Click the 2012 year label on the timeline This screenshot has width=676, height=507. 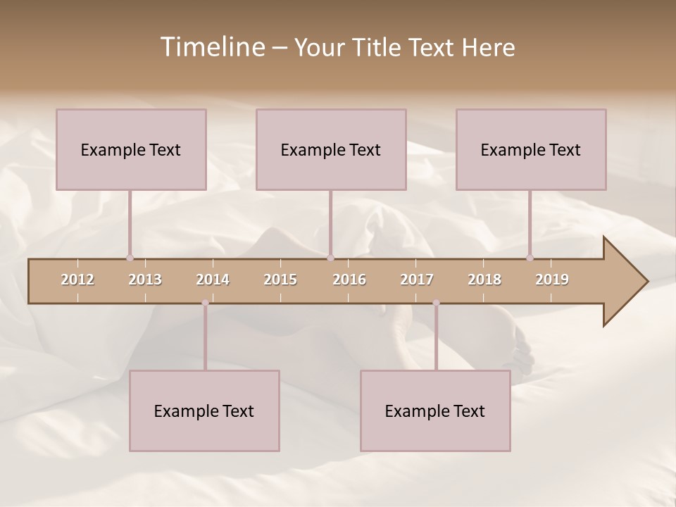coord(77,280)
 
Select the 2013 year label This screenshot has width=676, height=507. coord(145,280)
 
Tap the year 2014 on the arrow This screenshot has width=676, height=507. coord(213,280)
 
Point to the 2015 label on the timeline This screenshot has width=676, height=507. coord(280,280)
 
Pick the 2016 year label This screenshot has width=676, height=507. coord(349,280)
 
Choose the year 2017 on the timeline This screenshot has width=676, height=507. coord(417,280)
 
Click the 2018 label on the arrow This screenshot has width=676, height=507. coord(484,280)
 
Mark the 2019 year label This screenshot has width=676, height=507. coord(552,280)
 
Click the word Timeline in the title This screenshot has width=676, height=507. coord(212,47)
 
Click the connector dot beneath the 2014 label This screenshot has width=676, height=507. coord(205,303)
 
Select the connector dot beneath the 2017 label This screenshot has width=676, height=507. coord(436,303)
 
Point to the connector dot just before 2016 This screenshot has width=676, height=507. coord(330,258)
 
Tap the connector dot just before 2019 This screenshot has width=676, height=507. coord(530,258)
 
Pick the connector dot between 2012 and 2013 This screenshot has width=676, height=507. coord(130,258)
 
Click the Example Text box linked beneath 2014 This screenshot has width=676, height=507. coord(204,411)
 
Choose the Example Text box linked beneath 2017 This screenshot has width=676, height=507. coord(435,411)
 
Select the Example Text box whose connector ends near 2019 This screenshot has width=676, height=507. coord(531,149)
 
